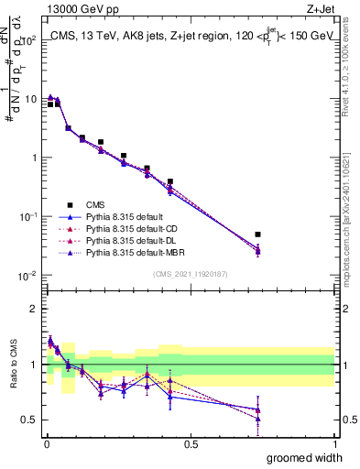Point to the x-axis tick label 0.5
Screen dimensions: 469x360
coord(191,444)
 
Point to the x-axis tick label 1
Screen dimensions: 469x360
coord(333,444)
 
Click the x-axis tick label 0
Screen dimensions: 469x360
coord(47,444)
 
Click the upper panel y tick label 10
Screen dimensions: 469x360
coord(29,99)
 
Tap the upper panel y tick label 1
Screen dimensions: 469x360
coord(33,158)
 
